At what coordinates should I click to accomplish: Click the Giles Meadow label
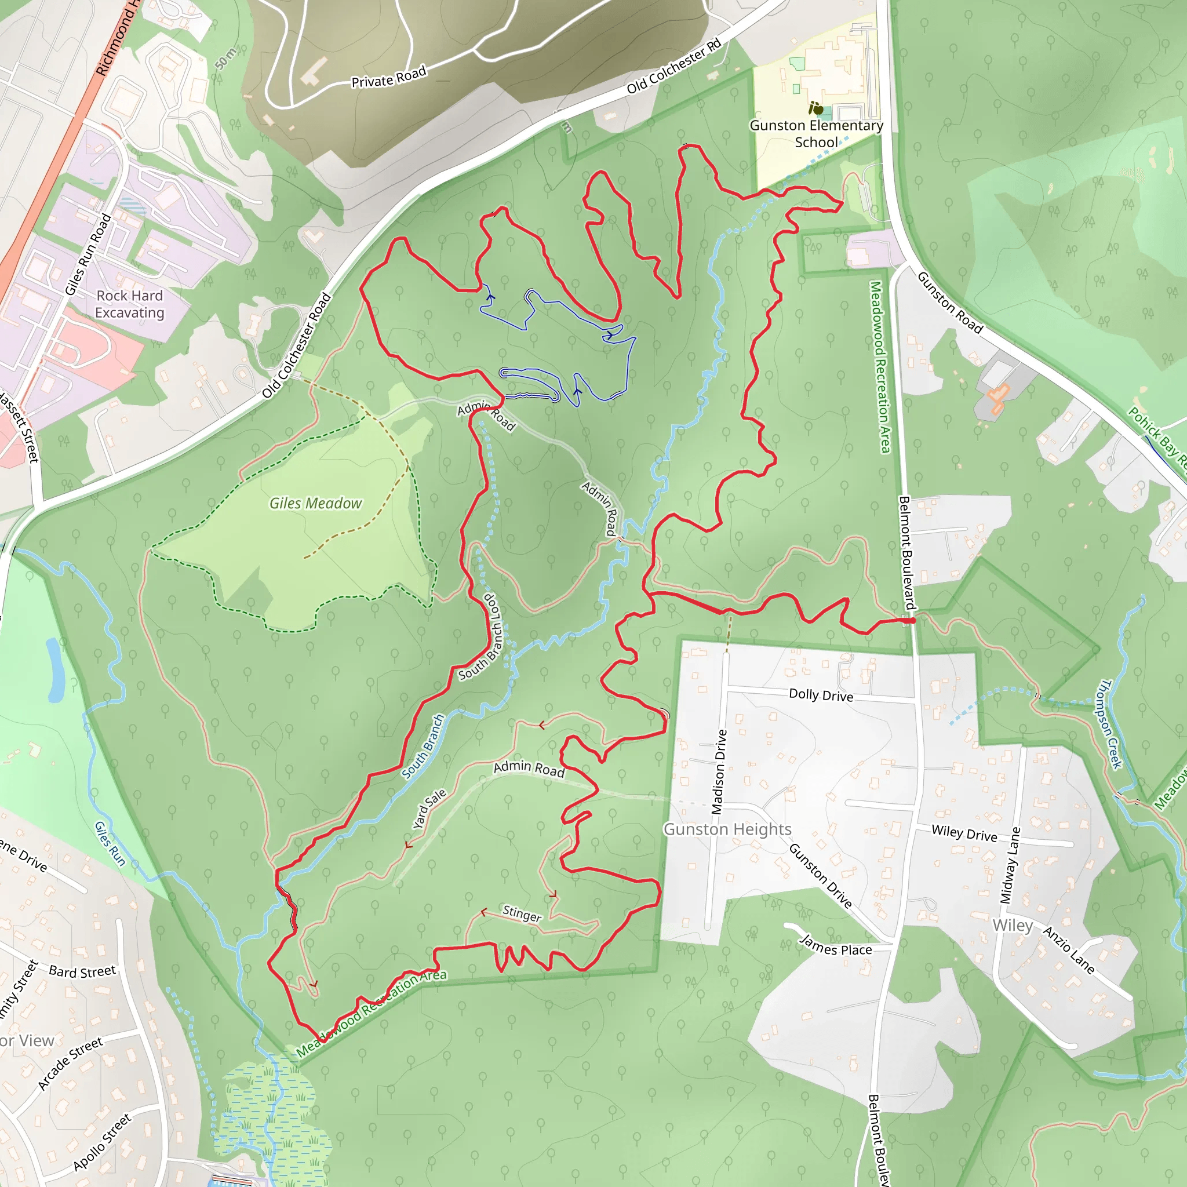[x=315, y=504]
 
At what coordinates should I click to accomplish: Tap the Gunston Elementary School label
[x=816, y=134]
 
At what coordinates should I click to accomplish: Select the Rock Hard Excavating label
[x=130, y=304]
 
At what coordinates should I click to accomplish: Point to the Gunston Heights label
[x=727, y=829]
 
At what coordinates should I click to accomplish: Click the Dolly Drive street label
[x=821, y=695]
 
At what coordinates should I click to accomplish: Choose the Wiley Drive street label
[x=964, y=833]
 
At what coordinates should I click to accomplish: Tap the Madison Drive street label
[x=719, y=772]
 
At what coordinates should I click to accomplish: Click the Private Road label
[x=388, y=78]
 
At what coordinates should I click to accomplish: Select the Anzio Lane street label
[x=1068, y=951]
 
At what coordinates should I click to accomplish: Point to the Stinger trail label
[x=522, y=913]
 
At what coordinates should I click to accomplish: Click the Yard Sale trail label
[x=429, y=809]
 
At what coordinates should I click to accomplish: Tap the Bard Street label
[x=82, y=971]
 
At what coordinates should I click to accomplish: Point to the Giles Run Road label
[x=88, y=254]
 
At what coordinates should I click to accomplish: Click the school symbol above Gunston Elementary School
[x=816, y=109]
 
